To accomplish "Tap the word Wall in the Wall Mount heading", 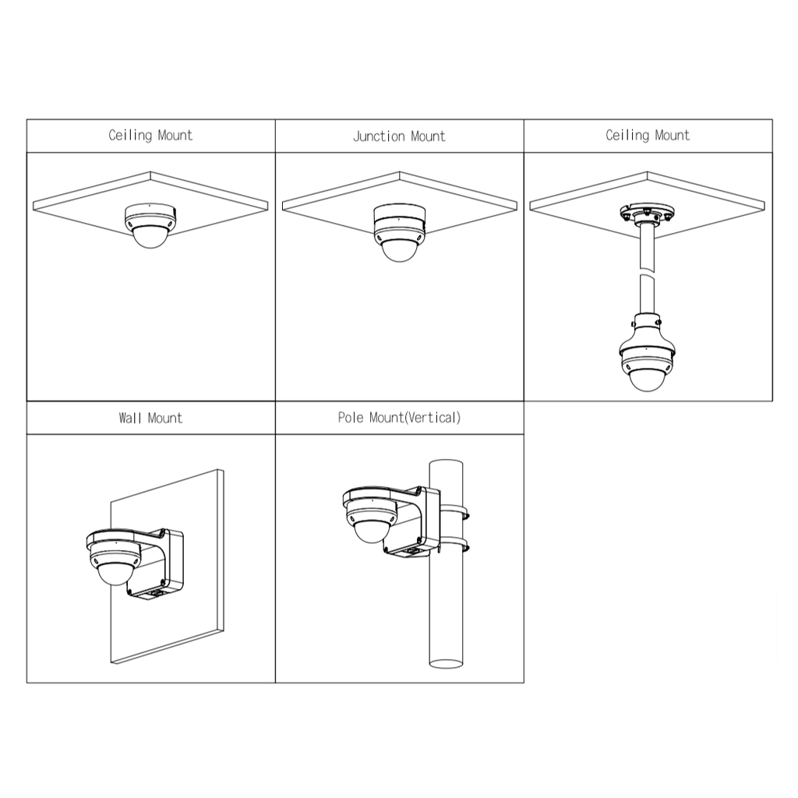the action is (x=130, y=418).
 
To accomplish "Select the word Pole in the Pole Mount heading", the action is (x=351, y=418).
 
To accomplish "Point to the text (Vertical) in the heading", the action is (x=433, y=418).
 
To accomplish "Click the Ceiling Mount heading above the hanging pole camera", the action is (x=648, y=136).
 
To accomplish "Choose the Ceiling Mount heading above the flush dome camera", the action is (x=150, y=136).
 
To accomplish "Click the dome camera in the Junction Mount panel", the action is (x=400, y=232).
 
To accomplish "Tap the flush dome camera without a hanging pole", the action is (x=150, y=225).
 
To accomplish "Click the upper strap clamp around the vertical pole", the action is (x=453, y=513).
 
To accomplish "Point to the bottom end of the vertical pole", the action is (x=446, y=664).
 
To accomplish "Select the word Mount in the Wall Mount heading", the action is (x=165, y=418).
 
